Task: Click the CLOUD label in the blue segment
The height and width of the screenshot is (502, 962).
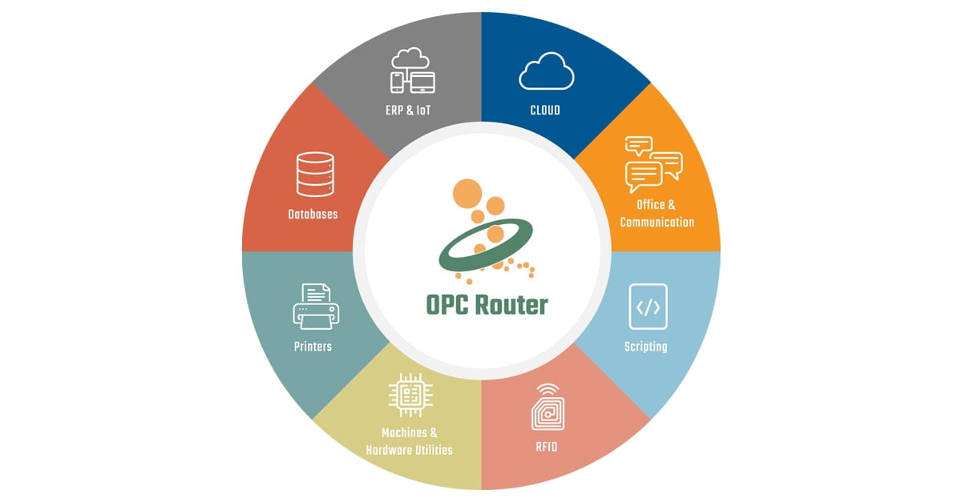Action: click(x=545, y=110)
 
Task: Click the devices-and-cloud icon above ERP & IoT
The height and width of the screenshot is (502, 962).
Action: click(x=412, y=70)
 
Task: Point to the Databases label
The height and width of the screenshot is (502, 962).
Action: click(x=313, y=214)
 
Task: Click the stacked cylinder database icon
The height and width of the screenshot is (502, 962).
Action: click(x=315, y=174)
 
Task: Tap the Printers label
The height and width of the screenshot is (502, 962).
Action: click(x=312, y=347)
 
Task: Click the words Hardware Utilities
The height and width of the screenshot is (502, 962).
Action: click(x=409, y=450)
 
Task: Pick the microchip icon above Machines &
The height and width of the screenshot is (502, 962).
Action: click(x=410, y=394)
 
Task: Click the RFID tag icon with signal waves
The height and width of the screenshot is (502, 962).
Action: click(x=547, y=407)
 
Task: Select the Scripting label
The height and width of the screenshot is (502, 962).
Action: click(x=645, y=347)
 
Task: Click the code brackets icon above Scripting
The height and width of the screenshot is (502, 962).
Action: click(x=648, y=307)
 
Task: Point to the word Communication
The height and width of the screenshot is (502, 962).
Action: click(x=657, y=222)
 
